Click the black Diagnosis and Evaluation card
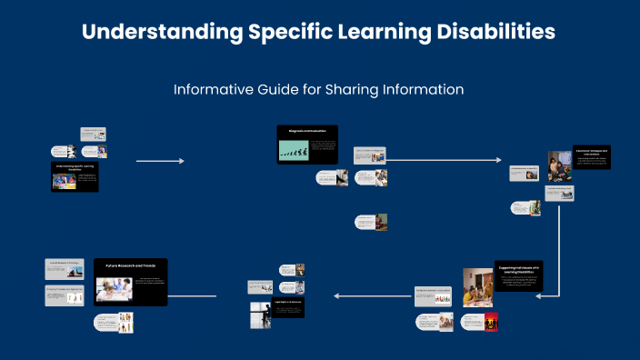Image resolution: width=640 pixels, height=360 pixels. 307,145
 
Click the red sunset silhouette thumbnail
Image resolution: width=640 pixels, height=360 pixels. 490,322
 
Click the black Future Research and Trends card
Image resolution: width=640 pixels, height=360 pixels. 131,281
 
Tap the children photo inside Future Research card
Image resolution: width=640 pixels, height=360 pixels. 114,289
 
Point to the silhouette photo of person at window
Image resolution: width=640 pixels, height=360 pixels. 260,315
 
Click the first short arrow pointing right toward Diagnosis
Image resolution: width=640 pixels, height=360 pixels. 160,161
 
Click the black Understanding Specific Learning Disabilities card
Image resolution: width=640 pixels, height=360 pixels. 75,177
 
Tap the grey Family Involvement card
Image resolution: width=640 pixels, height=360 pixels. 434,296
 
